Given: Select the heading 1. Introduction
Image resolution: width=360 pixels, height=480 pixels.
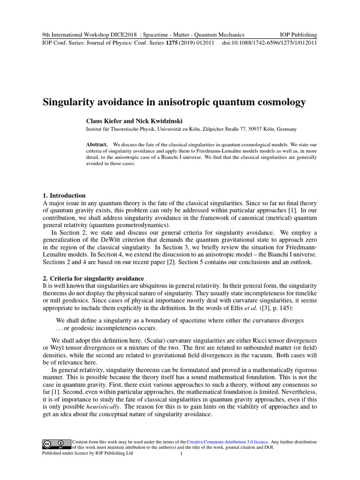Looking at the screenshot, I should [x=64, y=195].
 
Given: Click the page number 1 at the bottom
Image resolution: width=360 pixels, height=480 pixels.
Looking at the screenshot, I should [x=181, y=454].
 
